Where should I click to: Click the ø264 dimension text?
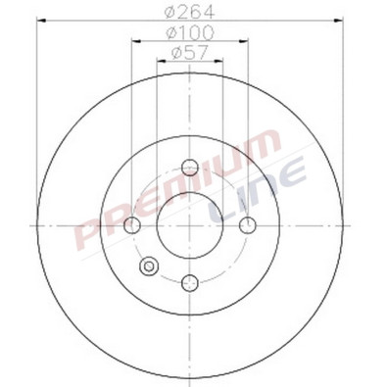191,14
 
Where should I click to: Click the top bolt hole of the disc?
191,169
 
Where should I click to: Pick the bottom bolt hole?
191,283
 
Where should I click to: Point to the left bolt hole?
134,225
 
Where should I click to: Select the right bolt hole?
248,225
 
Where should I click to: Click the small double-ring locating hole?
150,266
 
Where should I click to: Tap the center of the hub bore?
191,225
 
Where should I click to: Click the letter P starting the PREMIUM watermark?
93,240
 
